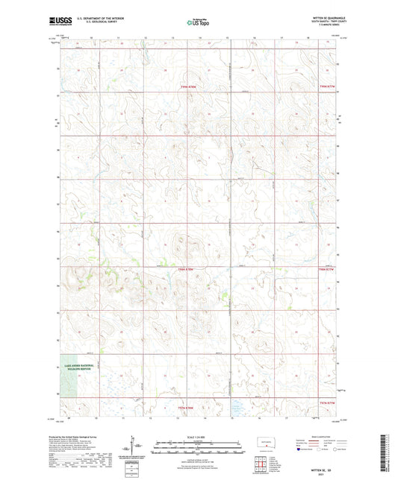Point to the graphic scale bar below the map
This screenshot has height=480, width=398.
coord(199,449)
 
